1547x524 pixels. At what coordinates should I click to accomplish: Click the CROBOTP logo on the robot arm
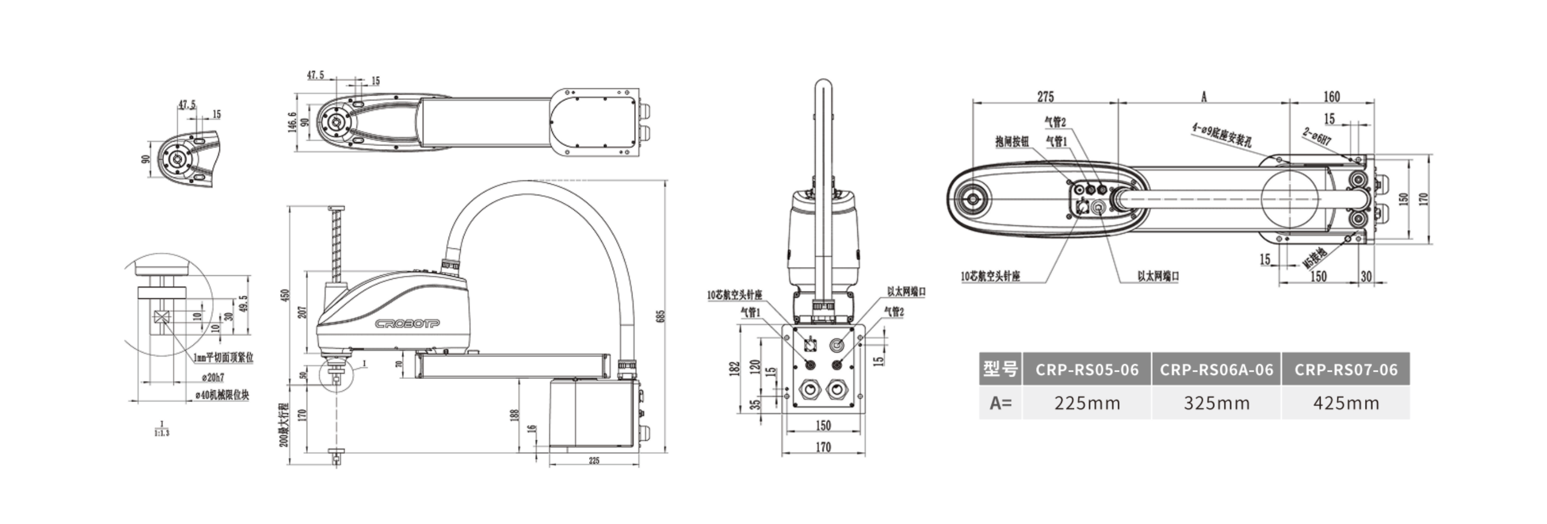click(x=407, y=324)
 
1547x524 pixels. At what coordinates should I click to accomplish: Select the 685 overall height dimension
click(x=660, y=316)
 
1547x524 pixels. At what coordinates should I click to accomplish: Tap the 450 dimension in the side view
click(x=285, y=295)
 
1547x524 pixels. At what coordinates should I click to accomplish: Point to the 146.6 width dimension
click(x=293, y=122)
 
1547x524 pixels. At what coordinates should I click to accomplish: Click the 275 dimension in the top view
click(x=1045, y=97)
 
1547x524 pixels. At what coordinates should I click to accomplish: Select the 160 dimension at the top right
click(x=1331, y=97)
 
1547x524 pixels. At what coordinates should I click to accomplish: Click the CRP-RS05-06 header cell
click(x=1086, y=369)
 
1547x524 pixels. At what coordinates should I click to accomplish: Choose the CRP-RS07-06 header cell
click(x=1345, y=369)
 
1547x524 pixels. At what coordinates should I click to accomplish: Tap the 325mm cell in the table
click(x=1216, y=403)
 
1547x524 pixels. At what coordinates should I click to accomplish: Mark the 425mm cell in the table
click(x=1345, y=403)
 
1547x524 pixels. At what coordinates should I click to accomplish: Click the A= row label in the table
click(x=1001, y=403)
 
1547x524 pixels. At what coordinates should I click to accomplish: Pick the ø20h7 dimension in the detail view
click(x=213, y=378)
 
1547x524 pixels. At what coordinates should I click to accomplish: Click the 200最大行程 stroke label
click(x=284, y=425)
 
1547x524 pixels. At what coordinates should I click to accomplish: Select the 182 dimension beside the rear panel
click(x=734, y=368)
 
